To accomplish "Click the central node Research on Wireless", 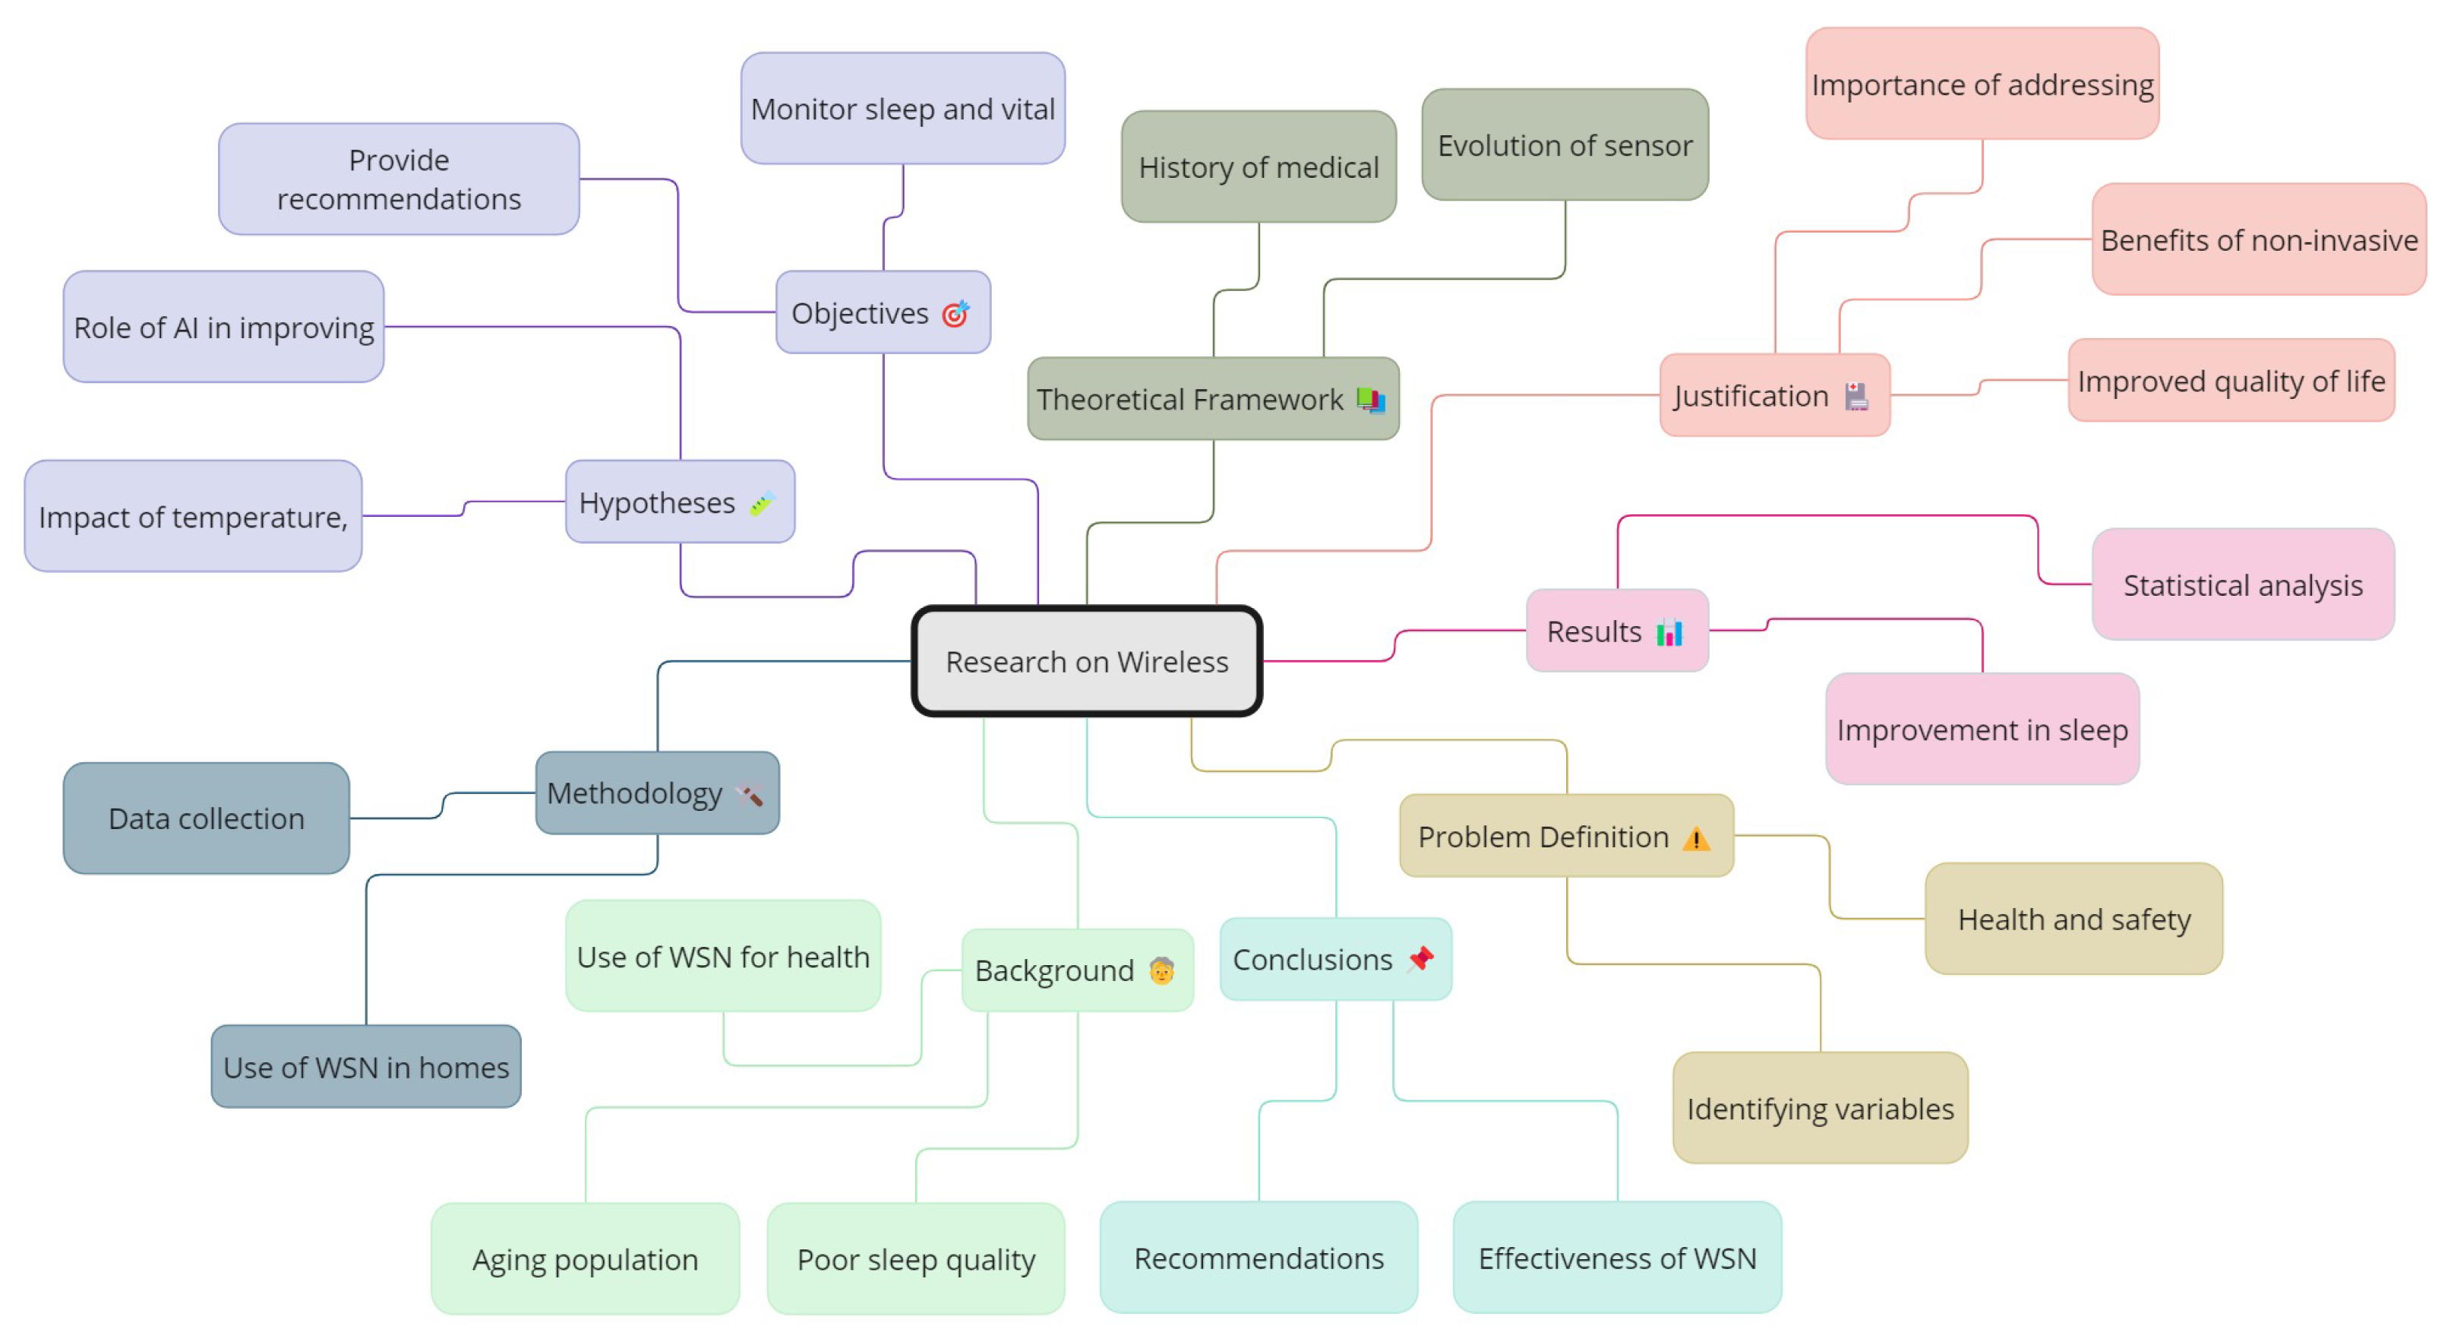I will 1086,661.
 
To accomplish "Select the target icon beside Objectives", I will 955,314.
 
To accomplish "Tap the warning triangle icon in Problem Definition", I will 1696,839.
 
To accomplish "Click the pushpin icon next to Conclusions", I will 1420,959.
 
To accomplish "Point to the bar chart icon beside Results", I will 1669,632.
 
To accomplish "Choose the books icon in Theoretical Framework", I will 1371,399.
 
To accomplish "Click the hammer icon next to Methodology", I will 750,795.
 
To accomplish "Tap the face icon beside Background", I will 1161,971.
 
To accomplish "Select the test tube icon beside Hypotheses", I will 762,503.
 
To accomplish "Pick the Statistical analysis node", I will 2243,585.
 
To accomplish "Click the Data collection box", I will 206,818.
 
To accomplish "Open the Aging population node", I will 585,1259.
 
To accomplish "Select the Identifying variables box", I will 1820,1109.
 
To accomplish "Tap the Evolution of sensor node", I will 1565,145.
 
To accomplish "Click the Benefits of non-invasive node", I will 2258,240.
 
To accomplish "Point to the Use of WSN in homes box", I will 366,1068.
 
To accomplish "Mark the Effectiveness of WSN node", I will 1616,1258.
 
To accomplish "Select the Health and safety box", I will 2074,920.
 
